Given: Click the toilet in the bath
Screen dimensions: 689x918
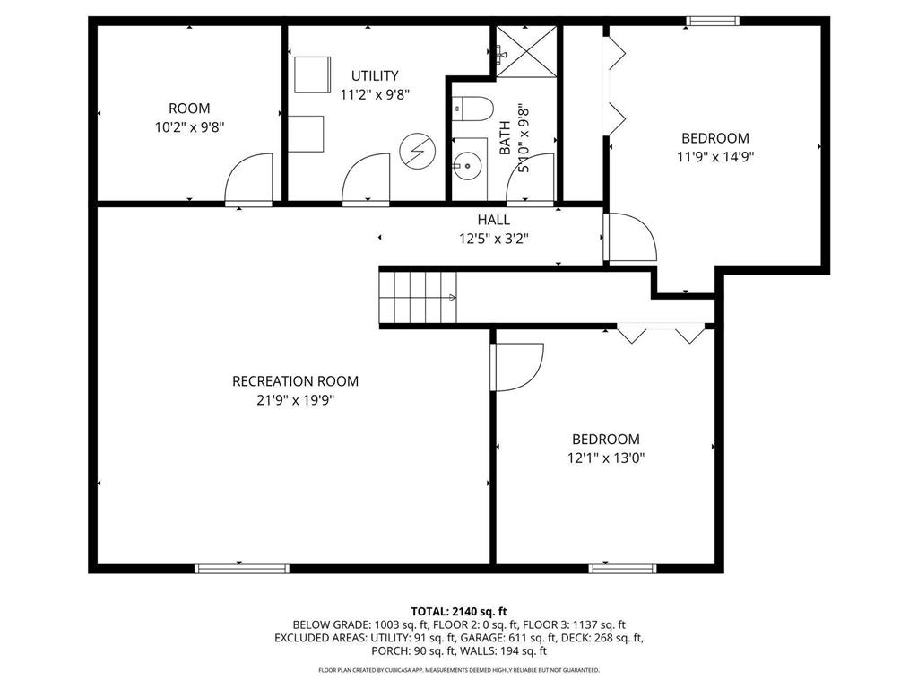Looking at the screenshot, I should pos(472,109).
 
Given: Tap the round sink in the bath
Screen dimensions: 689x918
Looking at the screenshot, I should pos(465,165).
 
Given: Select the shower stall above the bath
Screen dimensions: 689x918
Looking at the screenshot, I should pos(526,51).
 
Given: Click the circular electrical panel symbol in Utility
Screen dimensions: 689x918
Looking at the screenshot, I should pos(415,150).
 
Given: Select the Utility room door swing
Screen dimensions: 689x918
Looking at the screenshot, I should pos(366,179).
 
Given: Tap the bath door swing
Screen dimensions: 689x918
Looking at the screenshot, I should pos(530,179).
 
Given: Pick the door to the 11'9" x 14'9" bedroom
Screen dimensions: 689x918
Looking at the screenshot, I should pos(630,238).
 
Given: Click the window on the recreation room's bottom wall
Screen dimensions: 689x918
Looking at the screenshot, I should pos(242,567).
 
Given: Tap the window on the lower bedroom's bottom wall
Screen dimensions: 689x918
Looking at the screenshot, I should pos(622,567).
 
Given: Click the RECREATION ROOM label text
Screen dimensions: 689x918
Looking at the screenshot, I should pos(295,381).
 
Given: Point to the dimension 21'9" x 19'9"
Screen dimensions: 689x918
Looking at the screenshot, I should pos(295,400).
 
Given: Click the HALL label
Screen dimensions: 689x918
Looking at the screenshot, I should pos(493,220).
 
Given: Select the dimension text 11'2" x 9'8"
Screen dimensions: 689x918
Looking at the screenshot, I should pos(375,94).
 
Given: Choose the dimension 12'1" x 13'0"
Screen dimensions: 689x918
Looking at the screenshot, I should pos(606,458).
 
